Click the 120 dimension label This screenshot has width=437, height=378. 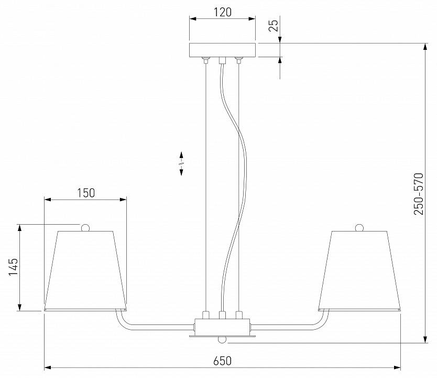pos(223,12)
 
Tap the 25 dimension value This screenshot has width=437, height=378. pos(274,25)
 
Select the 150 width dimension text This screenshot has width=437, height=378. pos(86,193)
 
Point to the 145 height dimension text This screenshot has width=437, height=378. pos(13,267)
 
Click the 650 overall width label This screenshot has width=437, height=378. pos(222,361)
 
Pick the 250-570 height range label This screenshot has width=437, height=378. pos(419,194)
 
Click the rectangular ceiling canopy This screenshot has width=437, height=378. pos(222,50)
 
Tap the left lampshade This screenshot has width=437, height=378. pos(85,270)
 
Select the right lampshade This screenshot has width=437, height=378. pos(359,270)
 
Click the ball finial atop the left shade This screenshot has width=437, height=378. pos(85,227)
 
